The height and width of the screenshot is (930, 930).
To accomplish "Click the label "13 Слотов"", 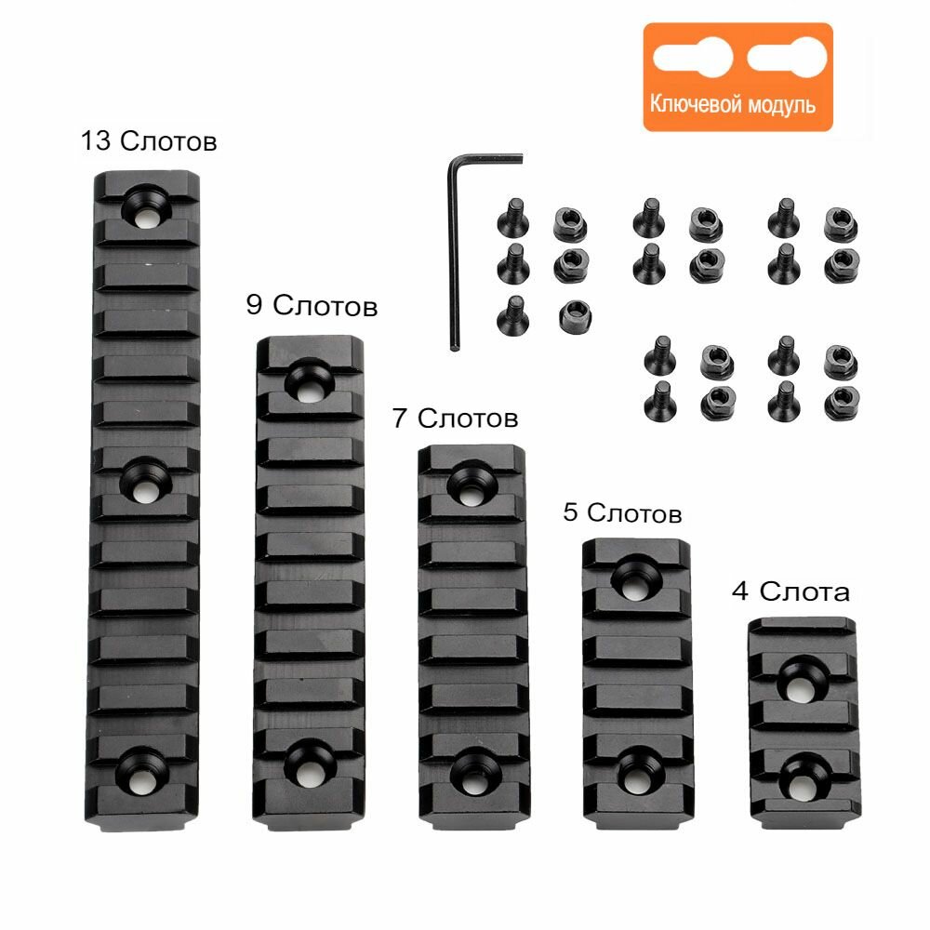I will [x=149, y=142].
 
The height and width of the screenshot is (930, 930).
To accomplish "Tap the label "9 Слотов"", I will [x=312, y=305].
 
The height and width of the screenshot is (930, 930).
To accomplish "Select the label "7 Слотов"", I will [x=455, y=418].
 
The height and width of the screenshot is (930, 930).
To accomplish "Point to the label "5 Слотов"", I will [x=622, y=512].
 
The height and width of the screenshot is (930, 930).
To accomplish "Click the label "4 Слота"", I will [x=790, y=592].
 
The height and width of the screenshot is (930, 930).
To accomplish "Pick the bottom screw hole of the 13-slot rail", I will [x=147, y=767].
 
